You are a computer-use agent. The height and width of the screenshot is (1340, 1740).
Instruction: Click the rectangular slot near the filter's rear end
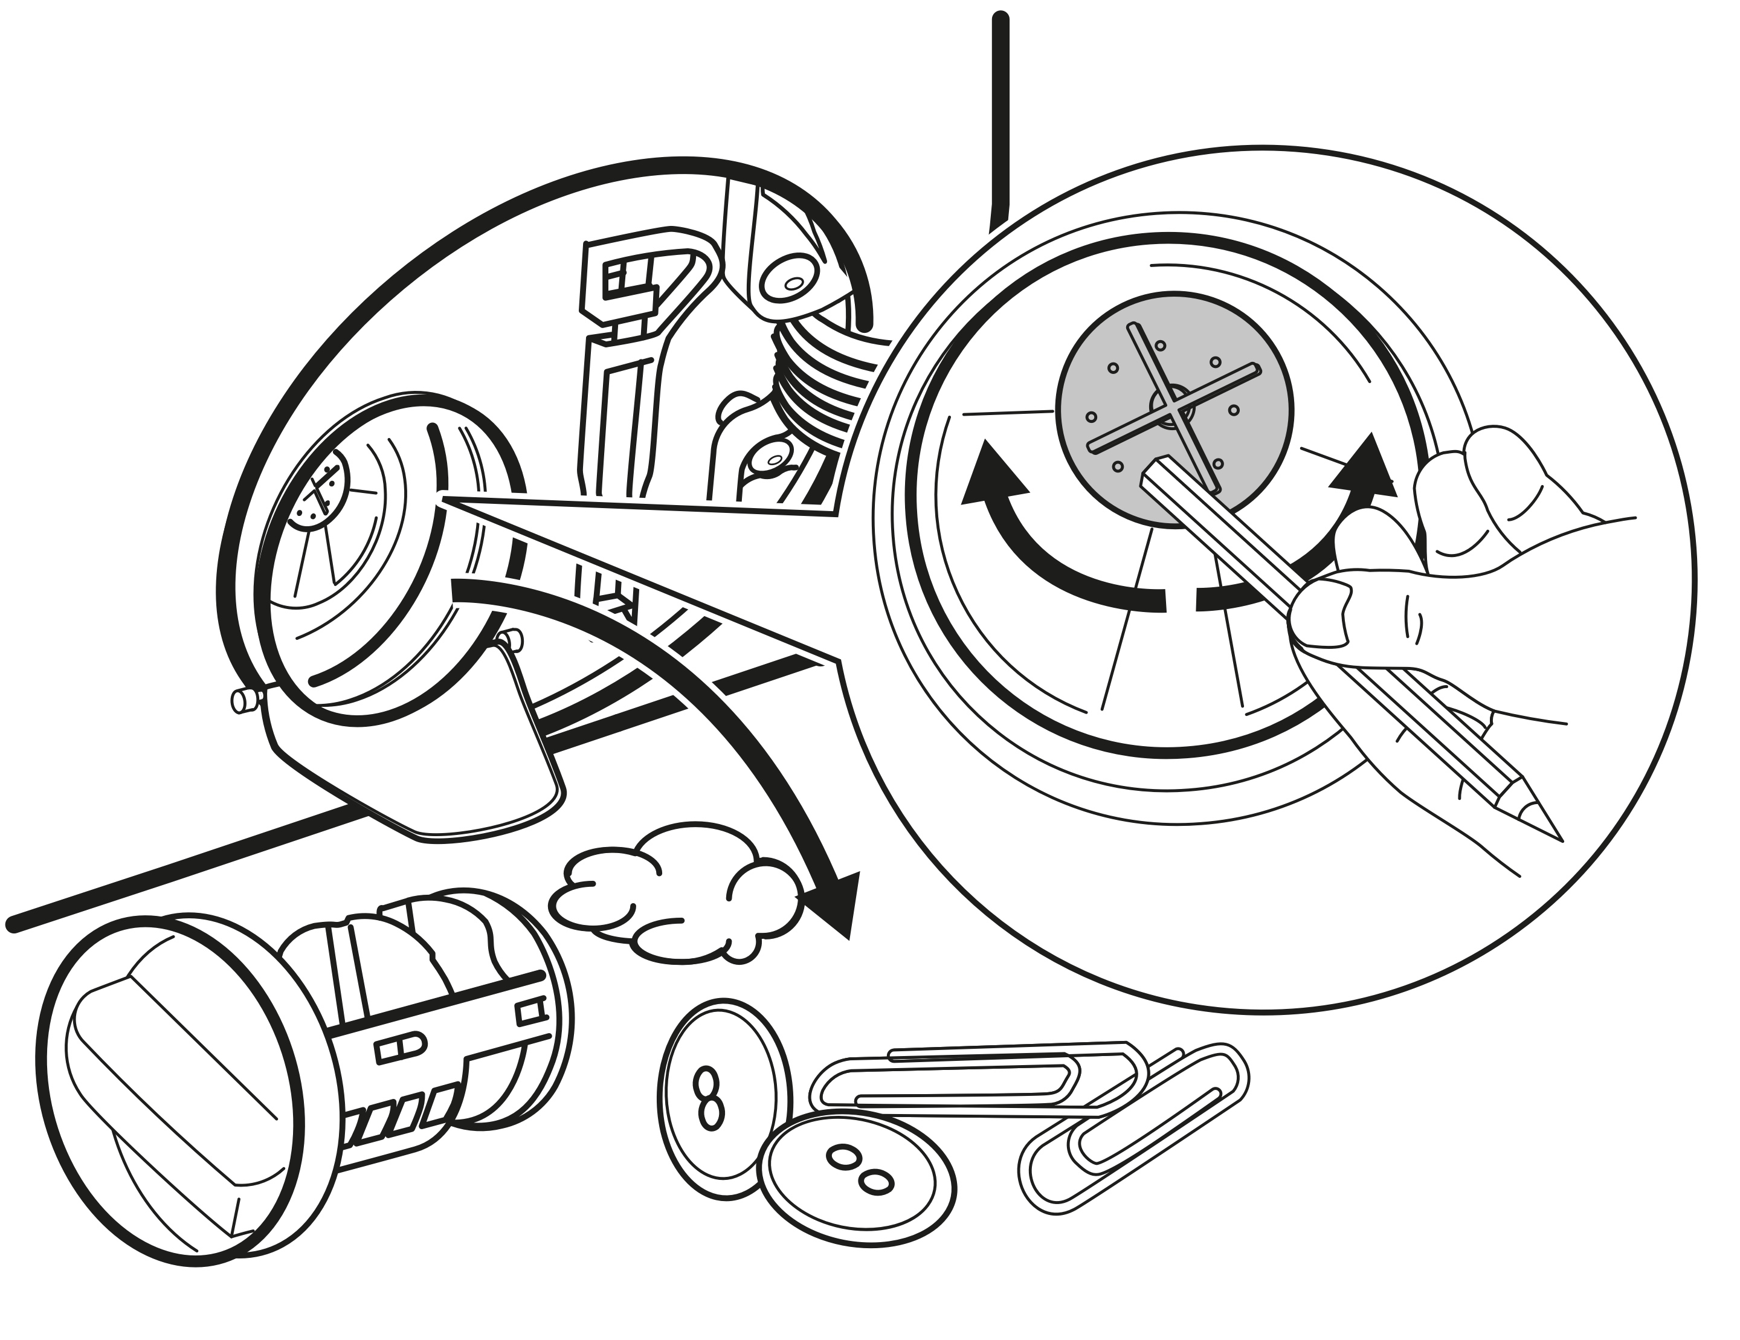530,1012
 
